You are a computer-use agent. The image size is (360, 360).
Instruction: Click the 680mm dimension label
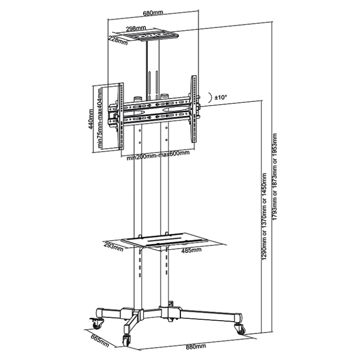tap(153, 13)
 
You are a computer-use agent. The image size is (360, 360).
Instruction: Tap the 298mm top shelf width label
tap(136, 29)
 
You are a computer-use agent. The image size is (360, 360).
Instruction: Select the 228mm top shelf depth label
tap(118, 40)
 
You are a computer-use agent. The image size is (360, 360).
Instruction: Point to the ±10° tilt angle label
tap(221, 97)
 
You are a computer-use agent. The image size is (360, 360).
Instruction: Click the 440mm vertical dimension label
tap(91, 119)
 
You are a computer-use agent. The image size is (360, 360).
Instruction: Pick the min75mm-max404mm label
tap(100, 118)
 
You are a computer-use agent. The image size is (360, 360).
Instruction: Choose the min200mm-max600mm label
tap(158, 155)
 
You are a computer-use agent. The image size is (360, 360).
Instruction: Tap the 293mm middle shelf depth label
tap(114, 246)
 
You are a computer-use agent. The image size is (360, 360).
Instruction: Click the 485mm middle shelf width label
tap(192, 250)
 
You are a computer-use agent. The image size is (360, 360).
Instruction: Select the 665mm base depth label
tap(100, 341)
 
